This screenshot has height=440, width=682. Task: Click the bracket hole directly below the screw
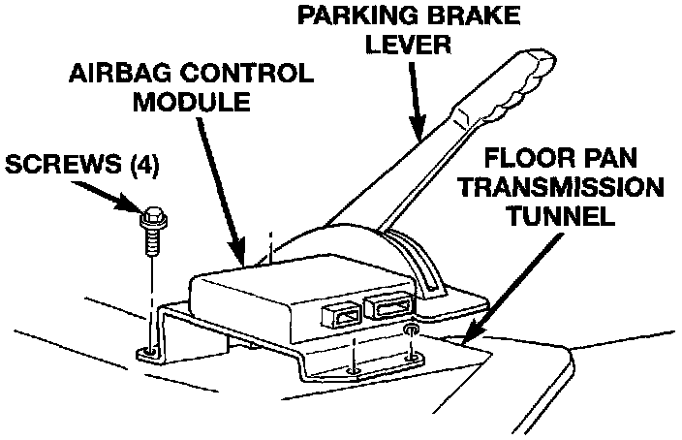click(x=148, y=351)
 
